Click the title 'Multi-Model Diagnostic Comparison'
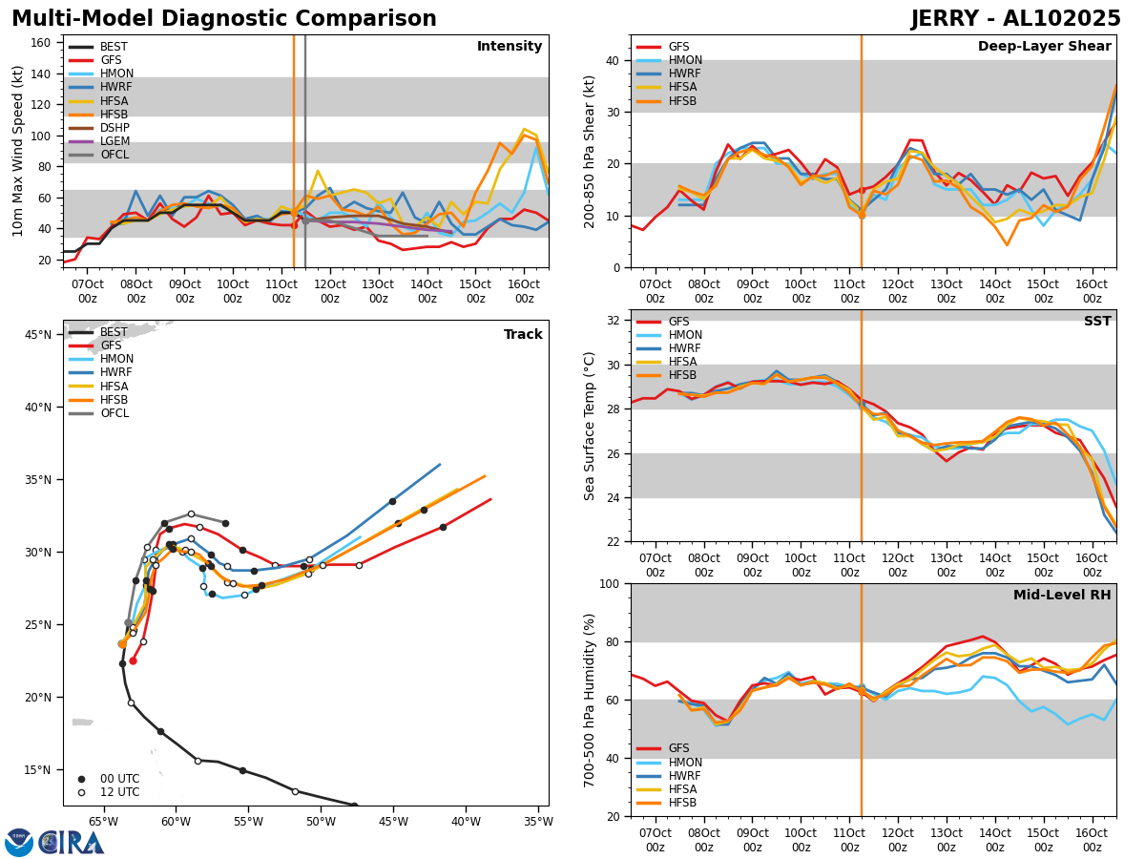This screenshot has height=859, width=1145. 224,19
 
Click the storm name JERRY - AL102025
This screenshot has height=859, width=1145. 1015,19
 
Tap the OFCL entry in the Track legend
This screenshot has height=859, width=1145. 114,413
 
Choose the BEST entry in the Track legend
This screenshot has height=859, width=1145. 114,332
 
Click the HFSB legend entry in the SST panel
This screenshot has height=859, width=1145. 682,376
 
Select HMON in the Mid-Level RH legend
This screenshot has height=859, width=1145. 685,763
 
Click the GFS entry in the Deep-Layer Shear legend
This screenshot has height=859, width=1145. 678,47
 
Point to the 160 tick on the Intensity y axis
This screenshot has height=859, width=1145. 43,43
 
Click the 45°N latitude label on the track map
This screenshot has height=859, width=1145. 38,335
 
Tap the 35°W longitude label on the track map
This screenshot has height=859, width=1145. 538,821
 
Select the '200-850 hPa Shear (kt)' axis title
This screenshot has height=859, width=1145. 591,151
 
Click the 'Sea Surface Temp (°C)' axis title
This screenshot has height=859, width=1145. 591,426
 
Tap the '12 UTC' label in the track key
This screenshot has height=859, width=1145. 120,792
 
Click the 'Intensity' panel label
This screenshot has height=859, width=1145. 510,47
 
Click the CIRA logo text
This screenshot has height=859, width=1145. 72,843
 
